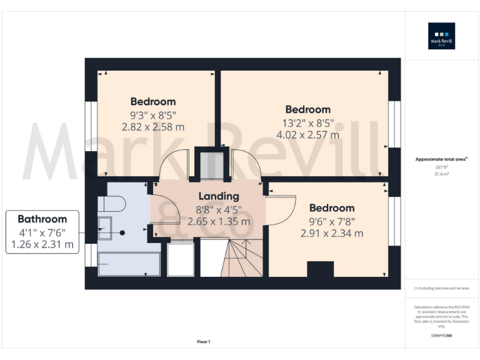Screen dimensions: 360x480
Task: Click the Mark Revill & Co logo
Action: point(441,36)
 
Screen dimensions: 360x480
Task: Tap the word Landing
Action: point(219,196)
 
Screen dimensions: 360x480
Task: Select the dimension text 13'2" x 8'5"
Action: point(307,122)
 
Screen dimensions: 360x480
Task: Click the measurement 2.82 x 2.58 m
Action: point(153,127)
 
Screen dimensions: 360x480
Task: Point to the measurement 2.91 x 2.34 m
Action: point(332,234)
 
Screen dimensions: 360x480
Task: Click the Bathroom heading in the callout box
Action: point(42,219)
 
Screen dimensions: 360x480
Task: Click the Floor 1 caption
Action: point(204,342)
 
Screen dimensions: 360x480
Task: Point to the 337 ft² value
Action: point(441,167)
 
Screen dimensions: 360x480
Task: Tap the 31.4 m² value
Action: point(441,174)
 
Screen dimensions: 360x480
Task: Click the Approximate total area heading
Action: point(441,159)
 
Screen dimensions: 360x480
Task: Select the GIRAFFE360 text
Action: point(441,336)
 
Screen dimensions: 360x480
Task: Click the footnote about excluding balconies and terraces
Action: point(441,288)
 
